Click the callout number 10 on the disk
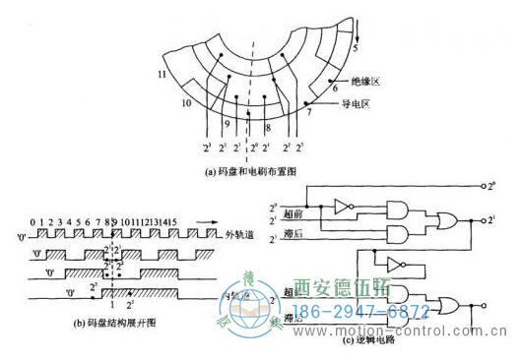[x=184, y=101]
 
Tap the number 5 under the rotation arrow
[x=357, y=48]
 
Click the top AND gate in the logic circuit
[x=397, y=210]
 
